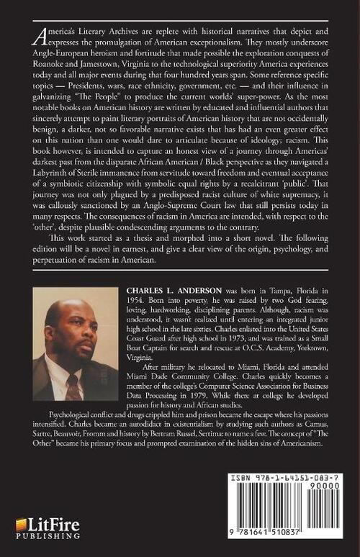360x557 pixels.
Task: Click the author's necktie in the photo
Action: [73, 384]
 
